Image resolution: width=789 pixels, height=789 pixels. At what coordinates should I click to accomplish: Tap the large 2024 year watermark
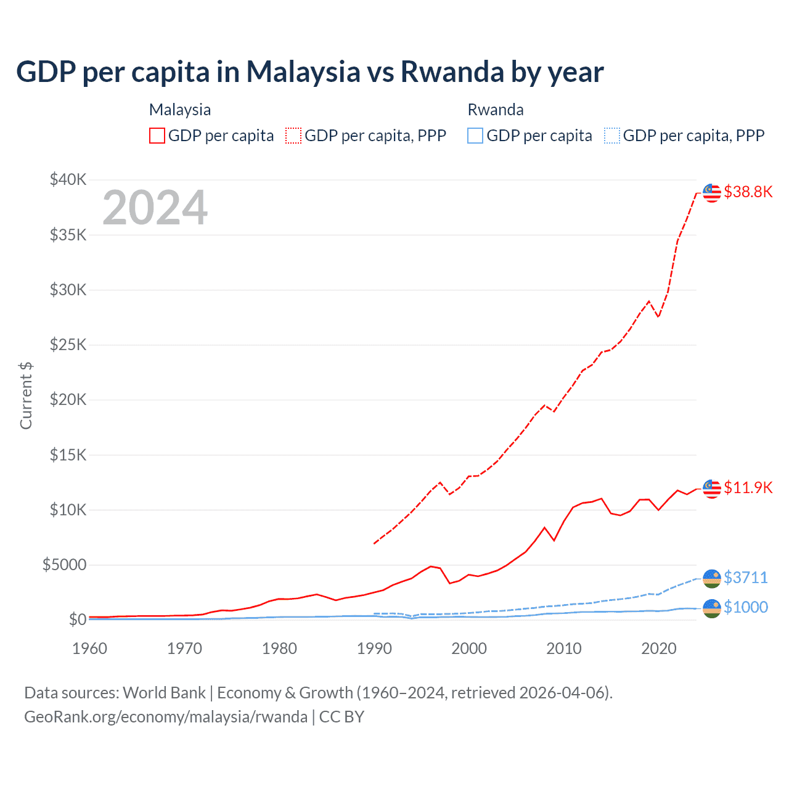[x=155, y=208]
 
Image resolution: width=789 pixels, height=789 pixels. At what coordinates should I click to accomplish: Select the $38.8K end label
[x=748, y=192]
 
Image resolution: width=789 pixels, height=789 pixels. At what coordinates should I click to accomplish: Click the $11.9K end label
[x=748, y=488]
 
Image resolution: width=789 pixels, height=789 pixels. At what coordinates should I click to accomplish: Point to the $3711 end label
[x=745, y=578]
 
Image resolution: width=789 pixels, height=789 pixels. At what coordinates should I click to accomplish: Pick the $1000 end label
[x=745, y=607]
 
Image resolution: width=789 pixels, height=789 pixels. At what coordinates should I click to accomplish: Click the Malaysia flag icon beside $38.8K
[x=712, y=193]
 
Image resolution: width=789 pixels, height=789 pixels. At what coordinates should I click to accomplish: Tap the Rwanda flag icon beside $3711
[x=712, y=579]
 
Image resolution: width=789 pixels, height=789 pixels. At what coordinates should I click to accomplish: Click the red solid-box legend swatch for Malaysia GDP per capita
[x=157, y=136]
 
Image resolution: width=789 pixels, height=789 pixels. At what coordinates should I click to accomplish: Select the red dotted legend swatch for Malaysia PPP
[x=293, y=136]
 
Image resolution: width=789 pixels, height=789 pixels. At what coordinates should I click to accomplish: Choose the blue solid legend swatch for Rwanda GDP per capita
[x=475, y=136]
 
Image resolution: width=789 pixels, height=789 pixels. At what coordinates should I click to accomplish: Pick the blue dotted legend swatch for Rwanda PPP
[x=612, y=136]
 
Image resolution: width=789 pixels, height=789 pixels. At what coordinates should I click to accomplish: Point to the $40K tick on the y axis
[x=68, y=179]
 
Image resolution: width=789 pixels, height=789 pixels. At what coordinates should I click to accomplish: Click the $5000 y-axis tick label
[x=64, y=565]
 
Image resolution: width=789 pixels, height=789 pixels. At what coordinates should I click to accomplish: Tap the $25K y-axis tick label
[x=68, y=345]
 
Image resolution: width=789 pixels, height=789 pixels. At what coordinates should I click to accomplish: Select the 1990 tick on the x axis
[x=374, y=648]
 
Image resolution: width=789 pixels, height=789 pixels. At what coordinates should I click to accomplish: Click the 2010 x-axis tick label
[x=564, y=648]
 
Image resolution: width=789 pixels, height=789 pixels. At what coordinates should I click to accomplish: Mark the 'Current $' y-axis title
[x=26, y=396]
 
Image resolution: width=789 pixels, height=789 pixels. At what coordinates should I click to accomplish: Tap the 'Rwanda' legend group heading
[x=496, y=110]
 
